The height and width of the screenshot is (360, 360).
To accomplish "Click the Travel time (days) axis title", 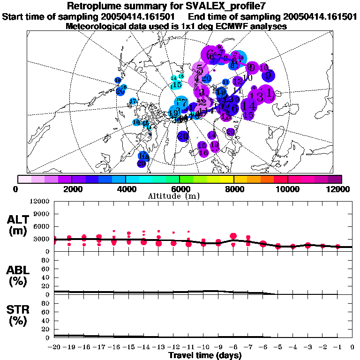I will tap(205, 355).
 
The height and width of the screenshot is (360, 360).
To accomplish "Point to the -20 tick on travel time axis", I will tap(54, 347).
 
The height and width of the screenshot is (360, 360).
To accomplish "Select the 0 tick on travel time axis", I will tap(352, 347).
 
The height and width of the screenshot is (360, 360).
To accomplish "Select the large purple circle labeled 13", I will tap(256, 97).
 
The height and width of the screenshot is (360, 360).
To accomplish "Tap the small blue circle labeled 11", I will tap(226, 82).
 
